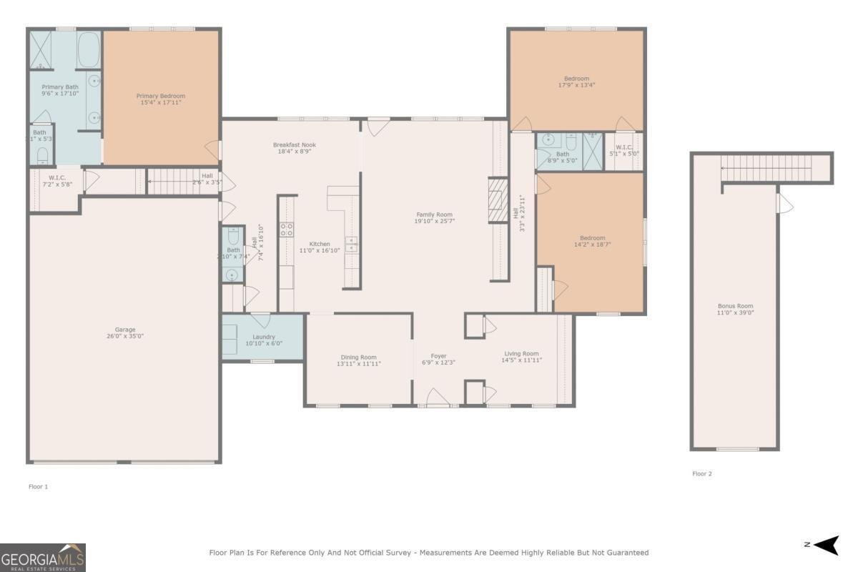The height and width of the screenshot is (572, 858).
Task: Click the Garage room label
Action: (x=125, y=330)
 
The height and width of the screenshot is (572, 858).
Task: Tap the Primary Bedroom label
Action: (x=161, y=96)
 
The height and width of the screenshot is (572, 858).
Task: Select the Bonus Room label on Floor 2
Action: (x=736, y=306)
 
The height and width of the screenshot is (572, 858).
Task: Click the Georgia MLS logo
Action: (x=43, y=557)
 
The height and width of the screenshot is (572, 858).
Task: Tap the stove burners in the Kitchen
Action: (x=287, y=230)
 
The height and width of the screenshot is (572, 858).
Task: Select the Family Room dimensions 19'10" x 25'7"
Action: (x=435, y=222)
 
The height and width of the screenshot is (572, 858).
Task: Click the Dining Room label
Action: (x=358, y=357)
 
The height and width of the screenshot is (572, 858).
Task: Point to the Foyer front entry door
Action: (x=437, y=398)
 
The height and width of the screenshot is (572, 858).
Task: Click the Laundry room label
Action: (x=264, y=337)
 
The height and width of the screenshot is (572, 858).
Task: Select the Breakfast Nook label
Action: (x=294, y=145)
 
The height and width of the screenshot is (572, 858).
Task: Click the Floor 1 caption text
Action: (x=38, y=486)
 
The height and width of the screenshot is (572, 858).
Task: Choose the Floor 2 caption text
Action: (x=701, y=473)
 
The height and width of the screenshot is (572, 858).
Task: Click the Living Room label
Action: (x=521, y=353)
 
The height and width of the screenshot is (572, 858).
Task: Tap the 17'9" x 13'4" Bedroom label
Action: (x=576, y=79)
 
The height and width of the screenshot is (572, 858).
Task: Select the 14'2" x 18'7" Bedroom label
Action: (x=592, y=238)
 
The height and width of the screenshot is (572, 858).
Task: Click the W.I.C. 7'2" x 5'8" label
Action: (x=57, y=177)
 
